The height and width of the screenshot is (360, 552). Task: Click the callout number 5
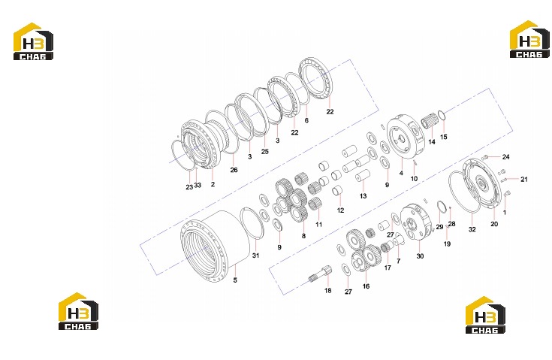tap(235, 280)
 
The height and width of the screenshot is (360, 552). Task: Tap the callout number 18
tap(327, 291)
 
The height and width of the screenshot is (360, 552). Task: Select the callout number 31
tap(255, 256)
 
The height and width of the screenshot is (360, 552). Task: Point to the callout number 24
tap(506, 157)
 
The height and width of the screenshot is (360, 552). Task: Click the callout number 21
tap(524, 180)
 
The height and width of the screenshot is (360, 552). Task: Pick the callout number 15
tap(444, 137)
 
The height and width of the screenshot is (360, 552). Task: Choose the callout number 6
tap(306, 120)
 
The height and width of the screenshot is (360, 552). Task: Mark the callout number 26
tap(234, 170)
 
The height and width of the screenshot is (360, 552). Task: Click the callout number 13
tap(363, 196)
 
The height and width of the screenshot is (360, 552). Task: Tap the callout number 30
tap(420, 256)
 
